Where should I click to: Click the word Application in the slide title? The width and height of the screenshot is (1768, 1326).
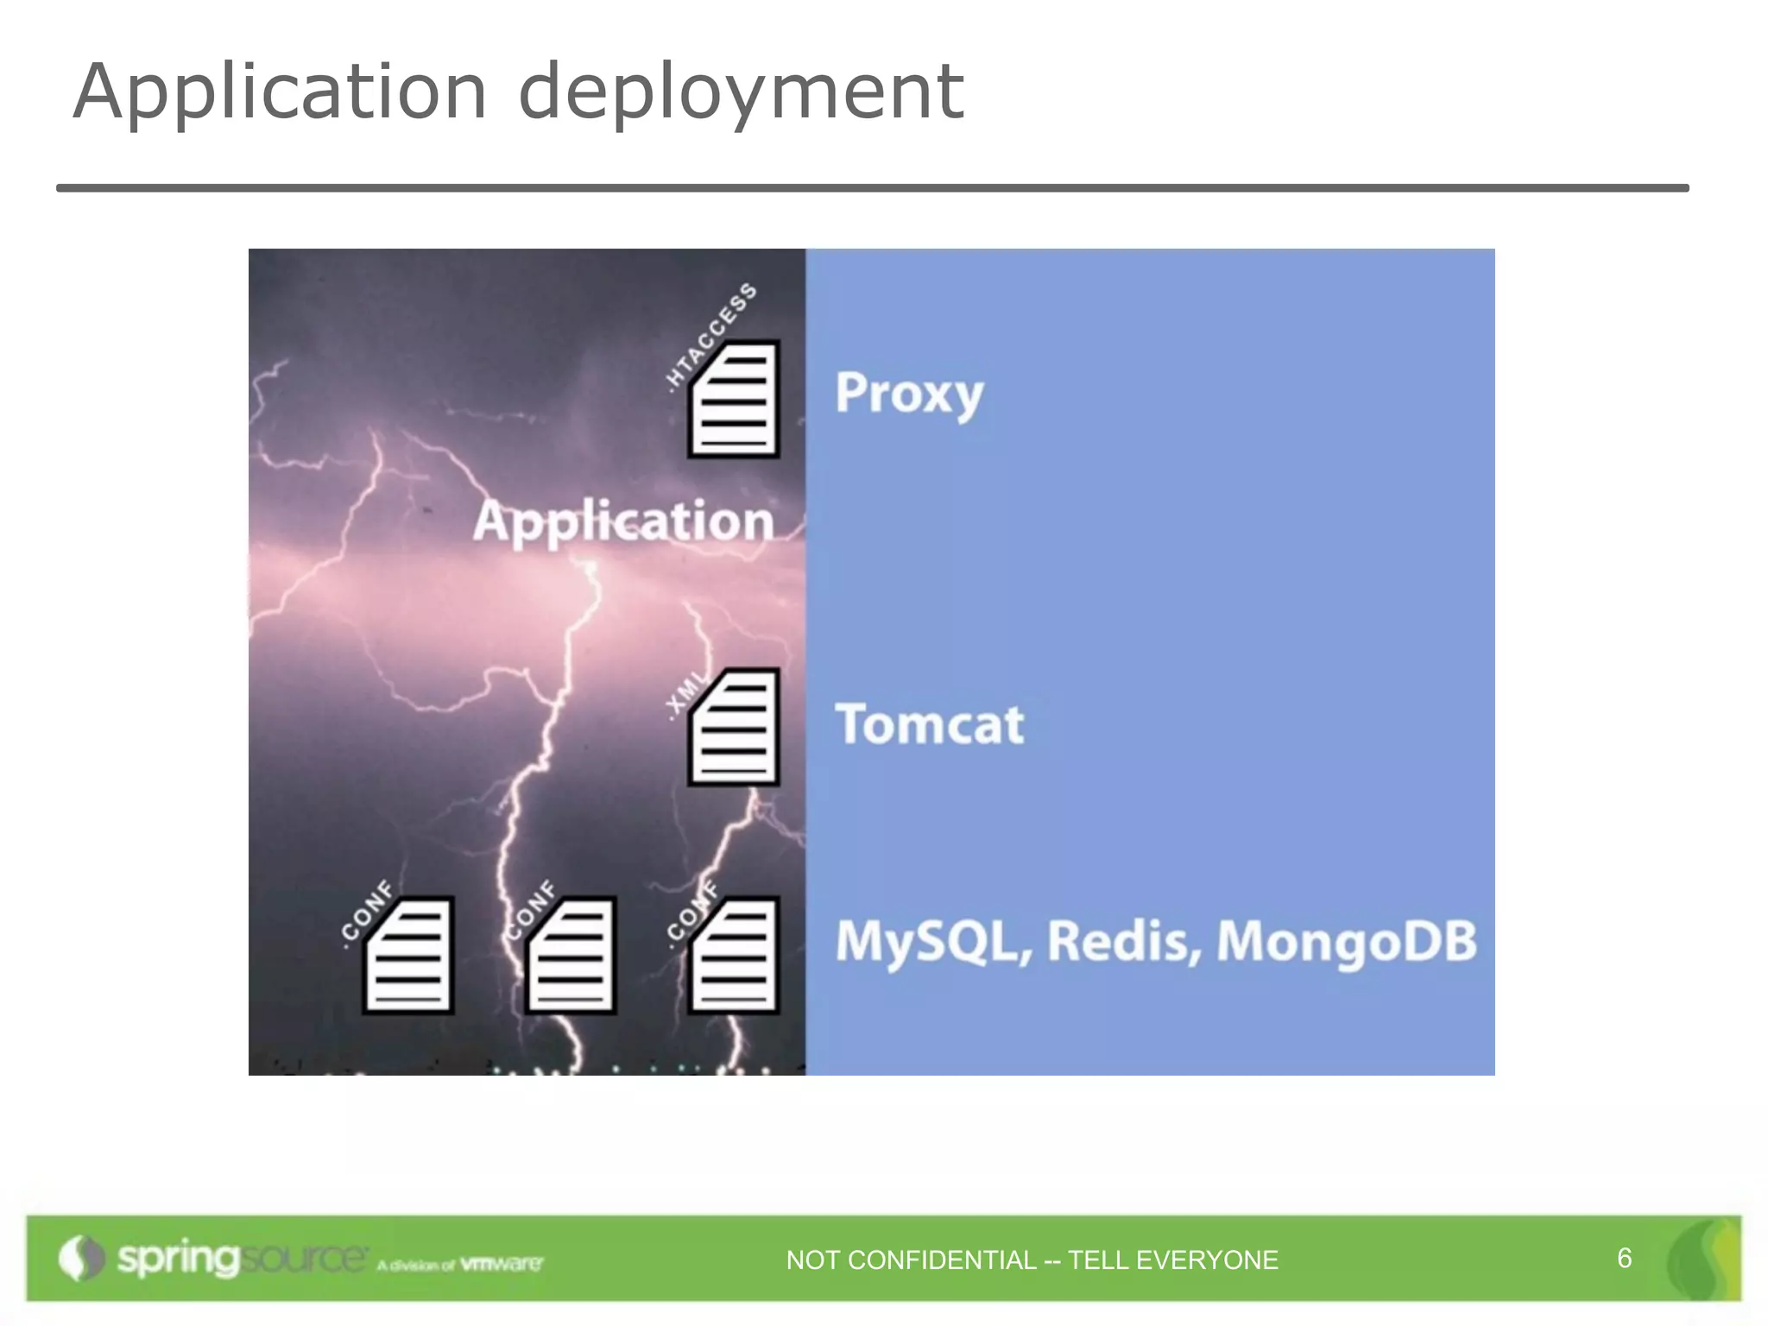pyautogui.click(x=281, y=92)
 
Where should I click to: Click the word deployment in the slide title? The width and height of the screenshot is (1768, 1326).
pyautogui.click(x=740, y=92)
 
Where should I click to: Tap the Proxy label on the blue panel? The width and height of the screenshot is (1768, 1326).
pyautogui.click(x=909, y=394)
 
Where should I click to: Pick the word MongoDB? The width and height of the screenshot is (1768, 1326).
pyautogui.click(x=1346, y=941)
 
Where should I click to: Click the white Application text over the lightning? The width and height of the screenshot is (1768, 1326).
pyautogui.click(x=622, y=522)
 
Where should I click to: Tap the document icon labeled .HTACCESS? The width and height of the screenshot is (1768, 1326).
pyautogui.click(x=734, y=399)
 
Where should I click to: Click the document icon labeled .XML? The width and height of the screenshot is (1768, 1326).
pyautogui.click(x=734, y=727)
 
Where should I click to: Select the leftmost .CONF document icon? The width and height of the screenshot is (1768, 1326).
pyautogui.click(x=408, y=956)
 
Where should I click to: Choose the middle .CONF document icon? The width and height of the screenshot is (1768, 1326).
pyautogui.click(x=571, y=956)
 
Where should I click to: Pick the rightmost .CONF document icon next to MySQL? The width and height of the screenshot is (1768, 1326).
pyautogui.click(x=734, y=956)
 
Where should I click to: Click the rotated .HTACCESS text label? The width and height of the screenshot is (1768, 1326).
pyautogui.click(x=711, y=337)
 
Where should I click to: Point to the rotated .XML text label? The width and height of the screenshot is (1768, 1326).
pyautogui.click(x=685, y=694)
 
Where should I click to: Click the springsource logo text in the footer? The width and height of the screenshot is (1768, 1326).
pyautogui.click(x=240, y=1259)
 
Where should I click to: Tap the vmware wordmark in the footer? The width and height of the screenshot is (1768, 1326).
pyautogui.click(x=502, y=1264)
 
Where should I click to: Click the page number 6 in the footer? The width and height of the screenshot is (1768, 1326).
pyautogui.click(x=1624, y=1258)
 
